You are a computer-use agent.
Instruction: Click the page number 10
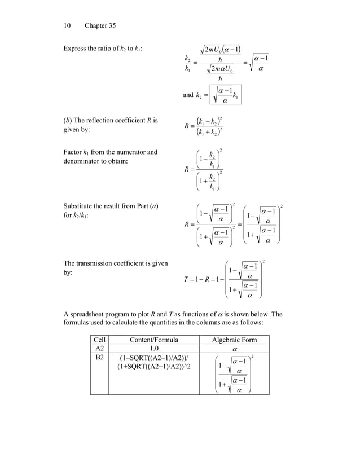(67, 25)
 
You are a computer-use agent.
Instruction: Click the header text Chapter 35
(100, 25)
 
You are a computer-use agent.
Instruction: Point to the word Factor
(74, 152)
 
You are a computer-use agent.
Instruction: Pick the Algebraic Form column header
(234, 340)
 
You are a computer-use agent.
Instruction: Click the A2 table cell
(99, 349)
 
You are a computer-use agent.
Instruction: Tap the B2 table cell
(99, 358)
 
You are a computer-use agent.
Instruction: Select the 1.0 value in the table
(153, 349)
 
